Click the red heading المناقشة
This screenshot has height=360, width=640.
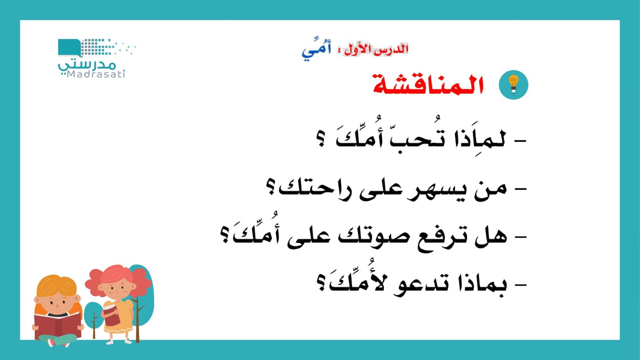pyautogui.click(x=428, y=85)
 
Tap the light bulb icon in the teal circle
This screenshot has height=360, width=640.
pyautogui.click(x=514, y=85)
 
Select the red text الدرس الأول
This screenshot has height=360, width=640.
pyautogui.click(x=376, y=50)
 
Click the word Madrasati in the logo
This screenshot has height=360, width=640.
pyautogui.click(x=96, y=74)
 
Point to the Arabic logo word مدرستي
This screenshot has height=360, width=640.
pyautogui.click(x=87, y=64)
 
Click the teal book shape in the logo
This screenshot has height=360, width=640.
pyautogui.click(x=69, y=48)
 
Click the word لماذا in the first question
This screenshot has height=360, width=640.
pyautogui.click(x=480, y=140)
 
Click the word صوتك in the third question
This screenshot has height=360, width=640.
pyautogui.click(x=374, y=236)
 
